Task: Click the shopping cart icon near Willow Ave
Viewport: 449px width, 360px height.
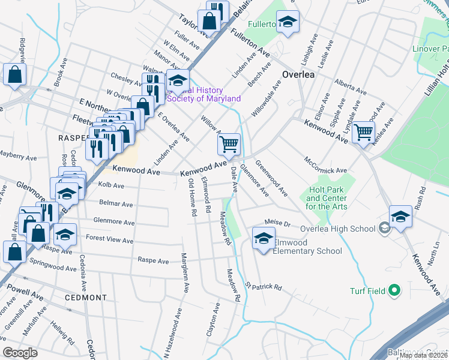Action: point(229,144)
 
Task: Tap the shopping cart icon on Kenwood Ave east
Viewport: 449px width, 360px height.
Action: point(364,131)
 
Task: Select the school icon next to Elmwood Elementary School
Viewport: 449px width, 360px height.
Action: point(264,238)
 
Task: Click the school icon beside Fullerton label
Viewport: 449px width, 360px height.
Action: point(288,23)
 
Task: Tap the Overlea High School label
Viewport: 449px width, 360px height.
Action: point(337,229)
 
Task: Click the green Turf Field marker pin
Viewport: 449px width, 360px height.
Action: point(394,291)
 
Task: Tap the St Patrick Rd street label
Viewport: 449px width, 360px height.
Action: point(263,286)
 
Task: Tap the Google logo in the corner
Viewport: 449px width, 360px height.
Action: point(20,353)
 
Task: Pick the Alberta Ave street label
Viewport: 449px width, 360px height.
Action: point(351,86)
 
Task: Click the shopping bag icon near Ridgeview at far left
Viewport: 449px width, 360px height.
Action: point(14,75)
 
